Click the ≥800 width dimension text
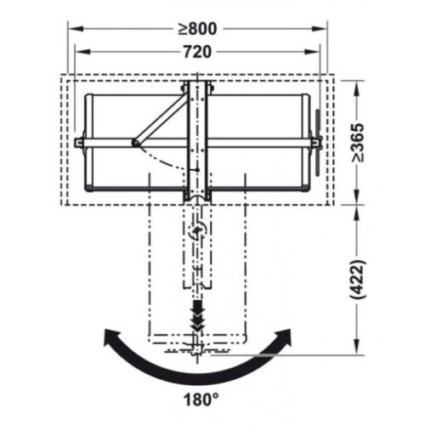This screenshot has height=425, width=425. coord(199,28)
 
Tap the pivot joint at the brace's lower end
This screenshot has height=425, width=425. coord(133,143)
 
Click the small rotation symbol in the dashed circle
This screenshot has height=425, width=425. coord(198,230)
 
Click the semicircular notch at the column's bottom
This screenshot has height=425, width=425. coord(197,198)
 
